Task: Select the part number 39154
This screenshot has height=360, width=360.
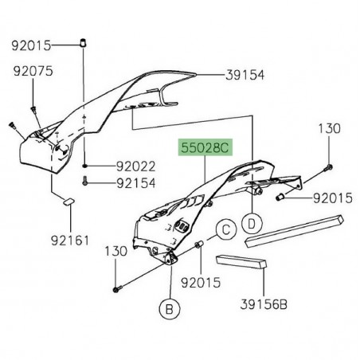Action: coord(246,74)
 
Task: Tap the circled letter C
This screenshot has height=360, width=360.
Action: coord(225,232)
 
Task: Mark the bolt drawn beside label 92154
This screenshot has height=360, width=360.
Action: coord(87,182)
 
